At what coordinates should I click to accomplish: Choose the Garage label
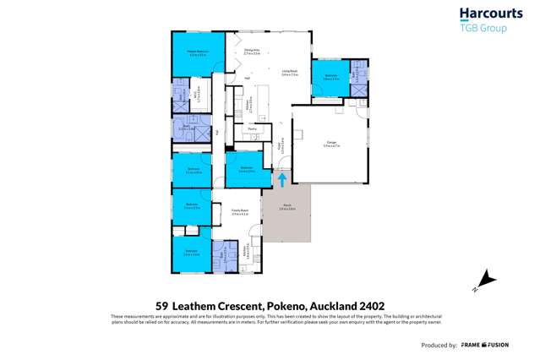tap(330, 145)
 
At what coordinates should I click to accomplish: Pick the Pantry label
tap(251, 128)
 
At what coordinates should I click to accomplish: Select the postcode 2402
tap(370, 307)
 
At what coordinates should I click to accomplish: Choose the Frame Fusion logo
tap(485, 345)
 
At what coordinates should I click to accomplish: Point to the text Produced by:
tap(439, 346)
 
